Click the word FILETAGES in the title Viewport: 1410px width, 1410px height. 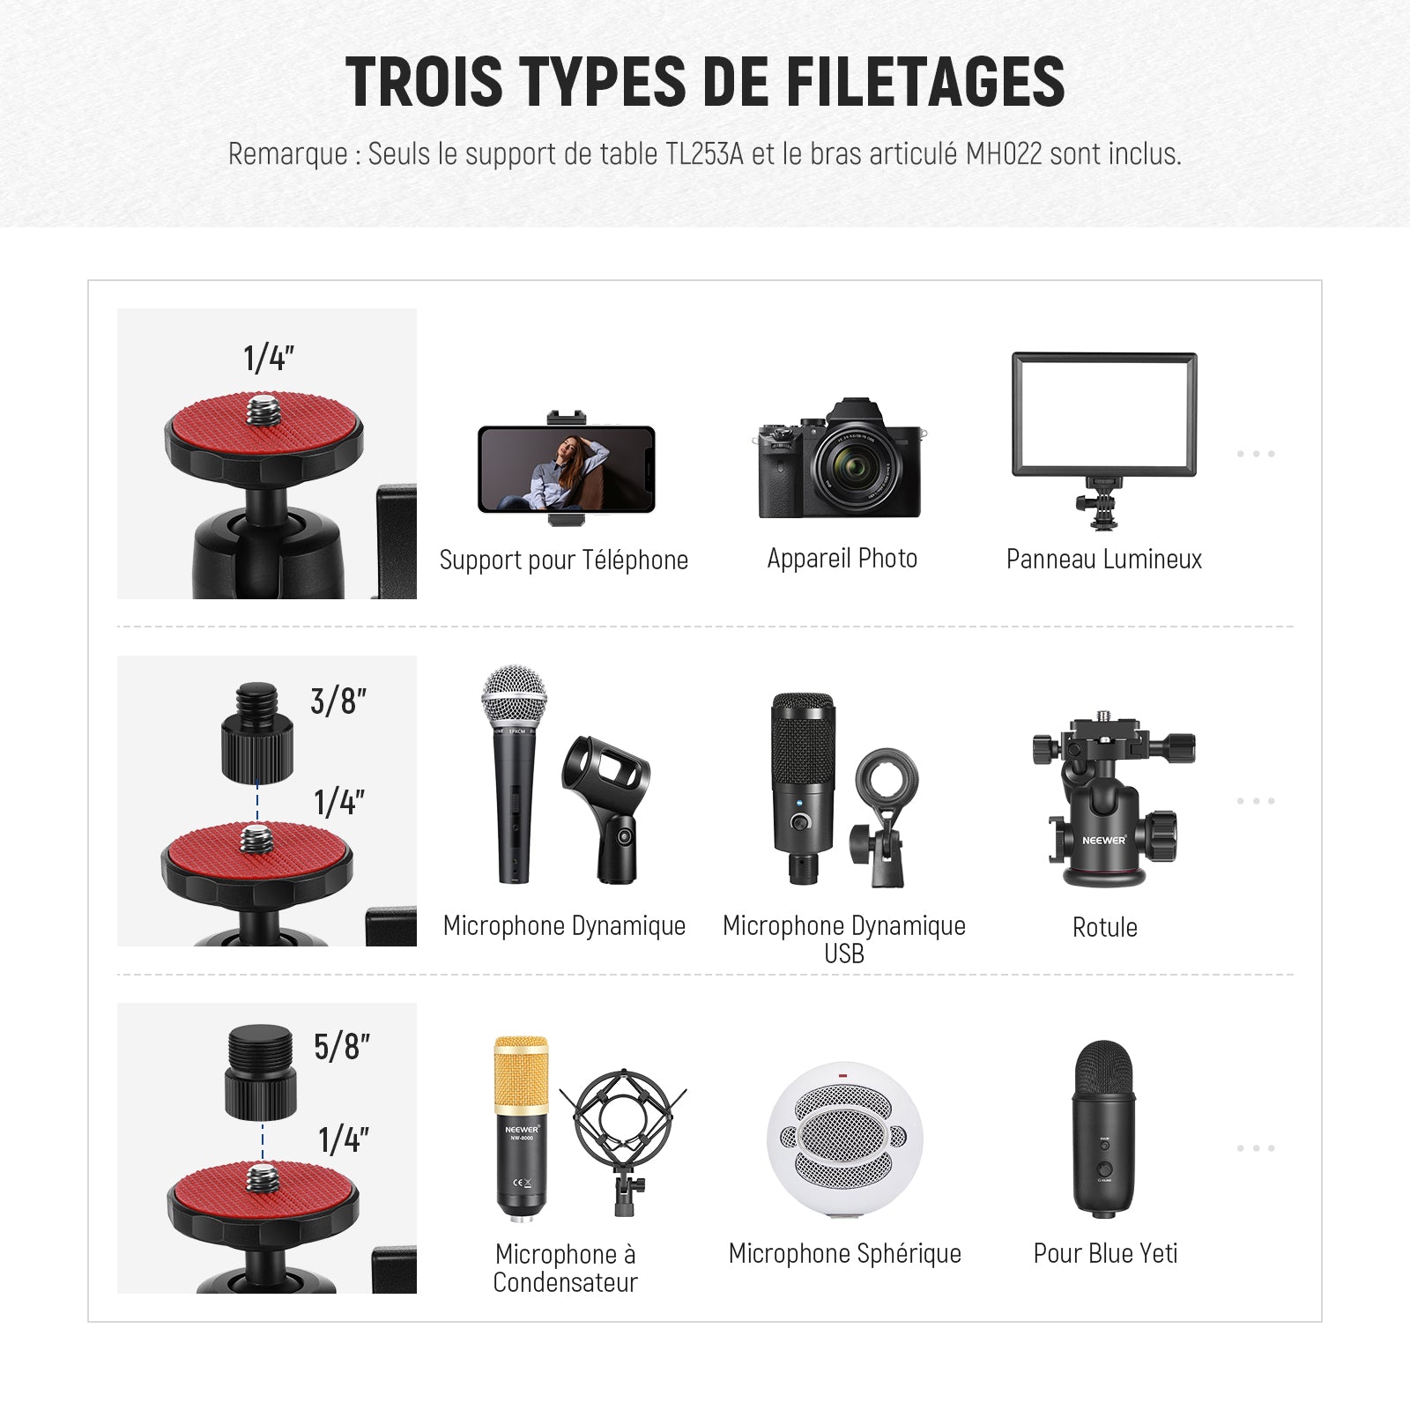click(x=925, y=81)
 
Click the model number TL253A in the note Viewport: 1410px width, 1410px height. click(x=704, y=153)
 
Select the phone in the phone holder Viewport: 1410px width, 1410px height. click(x=567, y=469)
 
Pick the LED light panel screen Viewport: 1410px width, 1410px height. click(x=1104, y=414)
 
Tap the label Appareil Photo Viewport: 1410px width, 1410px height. click(x=842, y=559)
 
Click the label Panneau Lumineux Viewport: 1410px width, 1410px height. click(x=1104, y=559)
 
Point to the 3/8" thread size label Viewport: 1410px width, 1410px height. click(x=338, y=701)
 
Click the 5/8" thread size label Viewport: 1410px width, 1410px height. click(x=342, y=1047)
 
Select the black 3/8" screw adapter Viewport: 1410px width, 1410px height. click(x=256, y=732)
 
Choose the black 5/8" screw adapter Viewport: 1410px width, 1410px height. click(x=260, y=1072)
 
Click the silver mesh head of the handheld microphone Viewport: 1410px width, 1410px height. click(x=514, y=697)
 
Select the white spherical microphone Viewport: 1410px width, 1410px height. click(x=844, y=1141)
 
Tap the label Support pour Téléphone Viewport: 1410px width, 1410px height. click(x=564, y=560)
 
